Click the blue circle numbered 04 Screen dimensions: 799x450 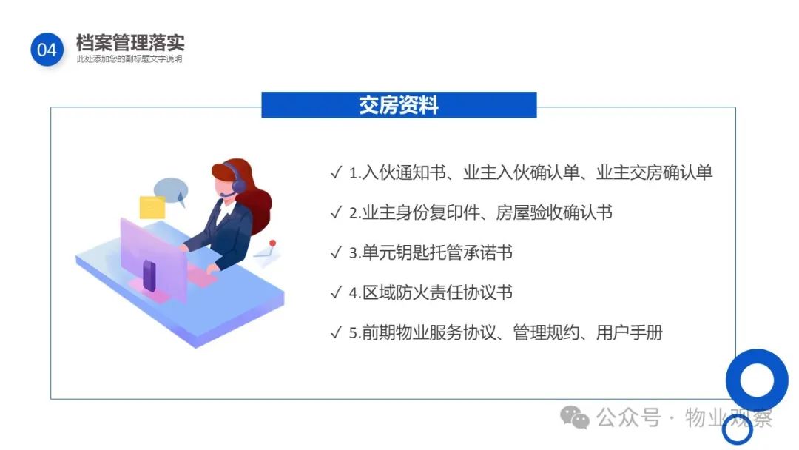[47, 50]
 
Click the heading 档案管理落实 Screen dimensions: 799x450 [130, 42]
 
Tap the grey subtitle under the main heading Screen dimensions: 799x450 [129, 59]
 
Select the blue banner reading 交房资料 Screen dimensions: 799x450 [399, 105]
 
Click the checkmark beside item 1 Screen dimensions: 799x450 [337, 172]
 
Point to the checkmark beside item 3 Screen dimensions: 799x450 [337, 252]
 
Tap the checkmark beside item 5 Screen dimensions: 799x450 [337, 332]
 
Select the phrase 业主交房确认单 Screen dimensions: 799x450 [654, 172]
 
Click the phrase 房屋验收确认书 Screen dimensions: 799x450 [554, 212]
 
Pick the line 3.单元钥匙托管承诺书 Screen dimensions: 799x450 [431, 252]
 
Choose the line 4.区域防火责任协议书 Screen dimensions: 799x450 [431, 292]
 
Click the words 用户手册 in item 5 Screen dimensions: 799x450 [630, 333]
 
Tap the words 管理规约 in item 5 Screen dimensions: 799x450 [546, 333]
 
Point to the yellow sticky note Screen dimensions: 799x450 [152, 207]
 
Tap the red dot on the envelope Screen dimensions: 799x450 [272, 244]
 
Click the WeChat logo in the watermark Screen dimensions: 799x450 [575, 417]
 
